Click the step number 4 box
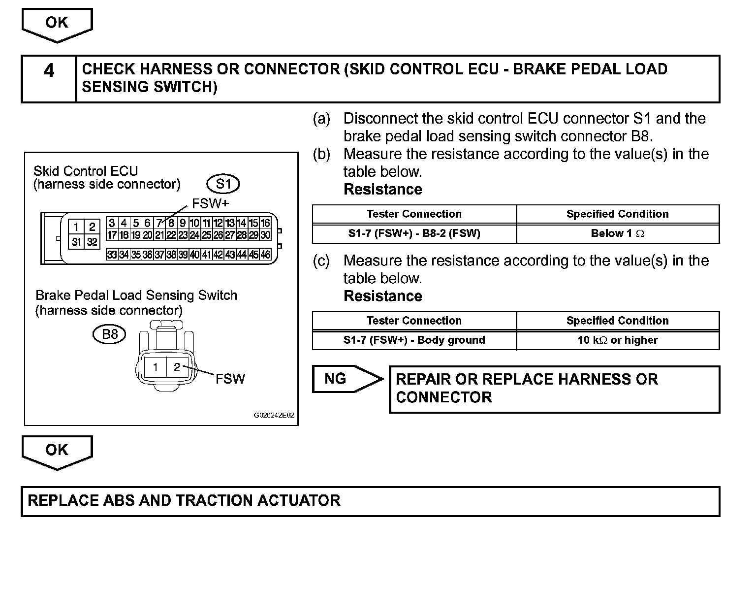pos(49,79)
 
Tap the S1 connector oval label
pos(223,184)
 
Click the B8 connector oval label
pos(109,334)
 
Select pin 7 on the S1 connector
pos(158,223)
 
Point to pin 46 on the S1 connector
pos(265,255)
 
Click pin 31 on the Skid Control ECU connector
pos(76,242)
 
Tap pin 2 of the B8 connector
pos(177,367)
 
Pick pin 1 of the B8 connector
pos(155,367)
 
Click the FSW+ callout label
pos(210,203)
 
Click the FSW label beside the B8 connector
pos(230,379)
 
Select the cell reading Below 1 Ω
pos(617,233)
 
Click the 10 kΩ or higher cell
pos(617,340)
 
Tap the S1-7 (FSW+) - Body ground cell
pos(414,340)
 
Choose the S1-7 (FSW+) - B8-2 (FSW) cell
pos(414,233)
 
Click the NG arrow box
pos(345,379)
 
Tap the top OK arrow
pos(57,24)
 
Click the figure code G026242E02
pos(274,415)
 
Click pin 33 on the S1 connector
pos(112,255)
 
